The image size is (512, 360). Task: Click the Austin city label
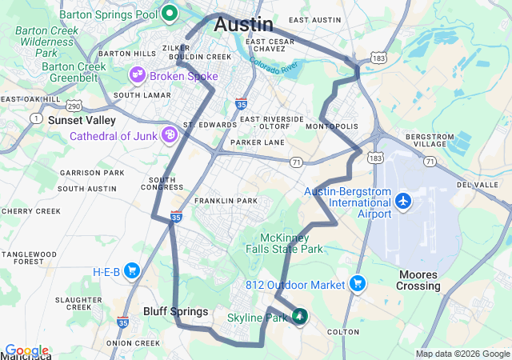243,25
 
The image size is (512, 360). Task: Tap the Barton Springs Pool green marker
170,13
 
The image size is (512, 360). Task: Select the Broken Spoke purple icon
137,76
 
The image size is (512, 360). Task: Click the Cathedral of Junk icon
170,135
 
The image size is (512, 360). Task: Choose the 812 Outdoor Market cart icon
357,283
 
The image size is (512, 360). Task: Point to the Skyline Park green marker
300,317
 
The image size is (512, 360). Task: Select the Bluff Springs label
175,311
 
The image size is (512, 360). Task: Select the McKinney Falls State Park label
291,243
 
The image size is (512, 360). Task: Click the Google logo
26,351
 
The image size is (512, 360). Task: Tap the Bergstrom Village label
430,142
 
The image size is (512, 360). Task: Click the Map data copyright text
462,354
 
